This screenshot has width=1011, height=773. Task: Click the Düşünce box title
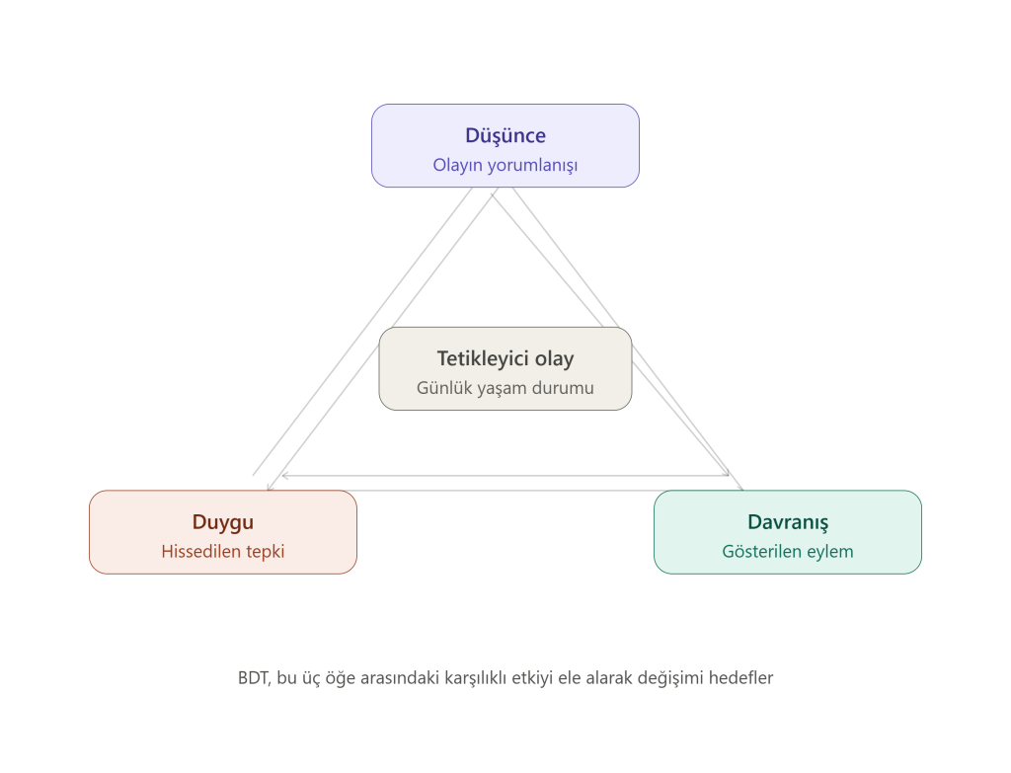505,136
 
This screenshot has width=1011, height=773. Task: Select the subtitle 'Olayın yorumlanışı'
505,165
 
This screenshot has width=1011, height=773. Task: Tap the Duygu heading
223,522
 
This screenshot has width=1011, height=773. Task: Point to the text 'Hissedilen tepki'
223,552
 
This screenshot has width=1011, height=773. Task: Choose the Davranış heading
788,522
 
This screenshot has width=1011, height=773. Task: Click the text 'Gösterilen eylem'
788,552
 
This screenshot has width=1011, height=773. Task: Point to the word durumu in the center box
563,388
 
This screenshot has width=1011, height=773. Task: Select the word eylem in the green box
832,553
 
